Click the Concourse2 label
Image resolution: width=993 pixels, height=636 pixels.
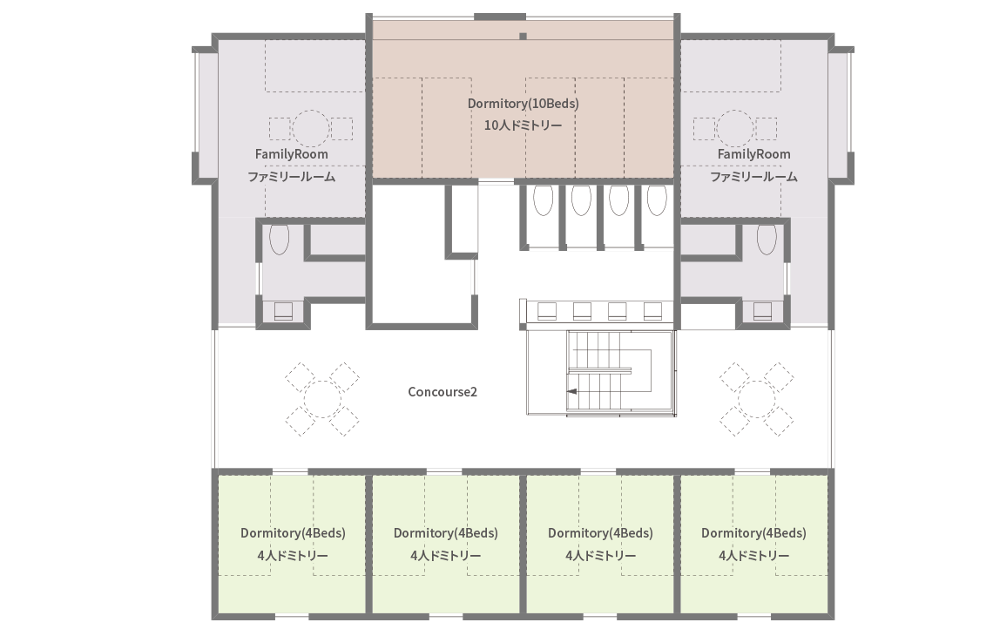pyautogui.click(x=442, y=392)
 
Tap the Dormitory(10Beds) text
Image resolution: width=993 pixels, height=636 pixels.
pyautogui.click(x=524, y=104)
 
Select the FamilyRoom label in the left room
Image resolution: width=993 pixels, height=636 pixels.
pyautogui.click(x=291, y=154)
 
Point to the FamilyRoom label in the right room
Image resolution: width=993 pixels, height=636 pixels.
pyautogui.click(x=753, y=154)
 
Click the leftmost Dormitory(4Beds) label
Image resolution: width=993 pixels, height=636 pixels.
pyautogui.click(x=293, y=532)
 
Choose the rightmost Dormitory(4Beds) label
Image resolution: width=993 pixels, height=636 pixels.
pyautogui.click(x=753, y=532)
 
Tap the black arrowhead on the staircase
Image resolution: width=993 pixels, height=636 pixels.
pyautogui.click(x=572, y=391)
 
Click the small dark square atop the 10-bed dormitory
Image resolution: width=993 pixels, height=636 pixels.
pyautogui.click(x=524, y=36)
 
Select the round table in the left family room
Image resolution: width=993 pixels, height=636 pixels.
pyautogui.click(x=311, y=129)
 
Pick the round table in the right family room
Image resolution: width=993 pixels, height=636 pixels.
pyautogui.click(x=734, y=129)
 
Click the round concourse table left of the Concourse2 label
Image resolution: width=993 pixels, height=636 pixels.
pyautogui.click(x=322, y=399)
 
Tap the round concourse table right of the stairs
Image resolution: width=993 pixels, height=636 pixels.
pyautogui.click(x=757, y=399)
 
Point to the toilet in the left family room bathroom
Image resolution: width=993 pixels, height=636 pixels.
pyautogui.click(x=280, y=239)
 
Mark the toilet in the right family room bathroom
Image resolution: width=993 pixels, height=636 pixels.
pyautogui.click(x=767, y=239)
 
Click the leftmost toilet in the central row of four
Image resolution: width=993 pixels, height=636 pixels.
pyautogui.click(x=544, y=200)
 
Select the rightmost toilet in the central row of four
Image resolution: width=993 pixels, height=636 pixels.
pyautogui.click(x=657, y=200)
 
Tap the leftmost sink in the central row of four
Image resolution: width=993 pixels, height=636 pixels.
pyautogui.click(x=547, y=311)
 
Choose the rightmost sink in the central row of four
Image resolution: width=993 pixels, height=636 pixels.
pyautogui.click(x=653, y=311)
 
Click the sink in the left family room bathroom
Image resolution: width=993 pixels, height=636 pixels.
pyautogui.click(x=283, y=311)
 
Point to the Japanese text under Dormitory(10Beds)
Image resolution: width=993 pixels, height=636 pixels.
pyautogui.click(x=524, y=125)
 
